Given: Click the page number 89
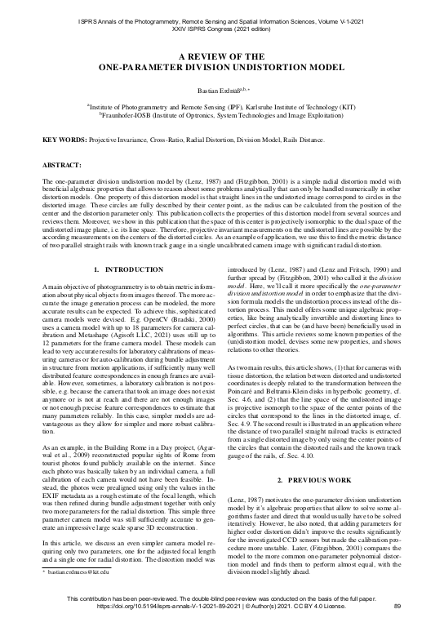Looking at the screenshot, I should [397, 605].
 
